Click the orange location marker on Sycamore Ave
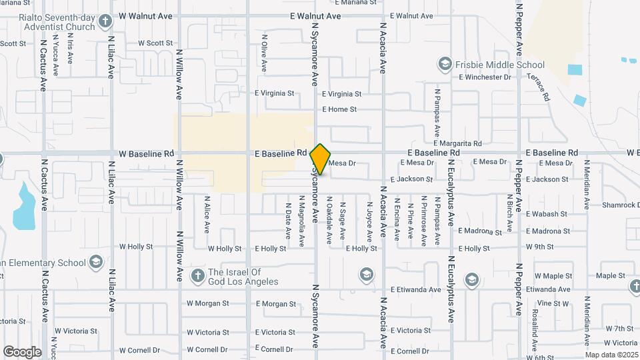click(320, 159)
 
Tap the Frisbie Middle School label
click(500, 65)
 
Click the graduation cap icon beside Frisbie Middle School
click(444, 64)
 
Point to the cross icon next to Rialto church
click(104, 21)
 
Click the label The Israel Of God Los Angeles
click(243, 277)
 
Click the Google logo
click(22, 351)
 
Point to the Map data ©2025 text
click(611, 355)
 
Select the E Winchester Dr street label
click(485, 77)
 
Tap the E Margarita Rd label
click(457, 143)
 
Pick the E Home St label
click(339, 109)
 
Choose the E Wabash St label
click(546, 214)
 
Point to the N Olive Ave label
click(264, 53)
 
